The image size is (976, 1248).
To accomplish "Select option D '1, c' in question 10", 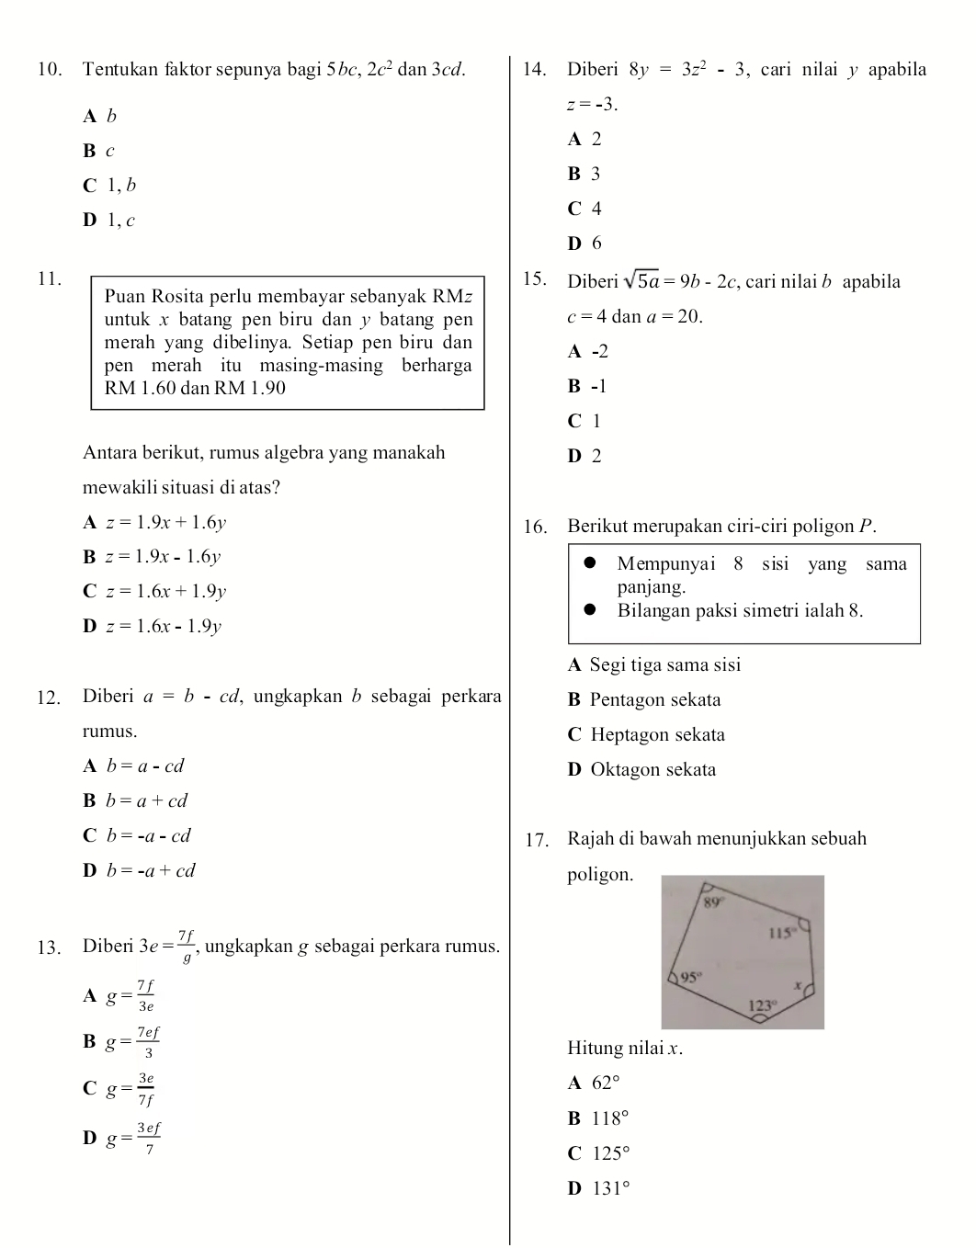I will point(109,221).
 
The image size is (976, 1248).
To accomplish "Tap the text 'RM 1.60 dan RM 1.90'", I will point(195,388).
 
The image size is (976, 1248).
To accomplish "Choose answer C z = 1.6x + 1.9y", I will point(154,592).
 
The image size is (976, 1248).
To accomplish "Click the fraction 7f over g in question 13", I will point(186,946).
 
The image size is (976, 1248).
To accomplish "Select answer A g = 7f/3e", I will point(119,995).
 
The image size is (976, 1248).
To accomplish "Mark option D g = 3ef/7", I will point(122,1138).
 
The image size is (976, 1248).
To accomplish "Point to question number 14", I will point(535,70).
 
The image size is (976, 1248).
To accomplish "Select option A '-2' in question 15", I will point(588,352).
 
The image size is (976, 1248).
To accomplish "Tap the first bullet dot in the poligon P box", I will point(591,564).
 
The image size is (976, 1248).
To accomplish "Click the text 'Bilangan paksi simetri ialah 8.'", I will point(740,611).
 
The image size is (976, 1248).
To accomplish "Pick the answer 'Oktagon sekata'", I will point(642,770).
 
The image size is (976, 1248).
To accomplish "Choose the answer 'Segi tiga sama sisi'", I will point(654,665).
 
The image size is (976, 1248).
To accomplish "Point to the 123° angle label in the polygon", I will point(761,1005).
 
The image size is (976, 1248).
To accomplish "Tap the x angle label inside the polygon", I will point(798,985).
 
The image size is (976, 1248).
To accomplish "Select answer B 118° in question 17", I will point(599,1118).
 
